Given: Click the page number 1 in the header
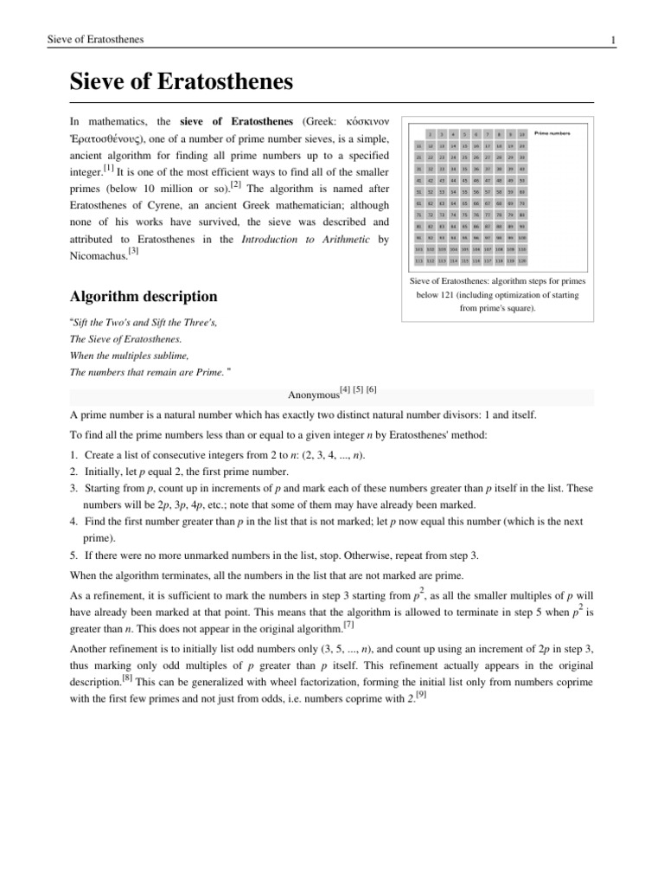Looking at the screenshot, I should (x=612, y=40).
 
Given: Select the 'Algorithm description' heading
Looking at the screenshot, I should (x=143, y=296).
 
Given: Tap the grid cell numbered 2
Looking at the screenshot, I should (x=431, y=134).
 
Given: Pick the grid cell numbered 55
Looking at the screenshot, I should (x=464, y=190).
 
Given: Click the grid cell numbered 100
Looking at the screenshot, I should (x=522, y=236).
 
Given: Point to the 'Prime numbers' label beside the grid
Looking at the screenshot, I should (x=552, y=134).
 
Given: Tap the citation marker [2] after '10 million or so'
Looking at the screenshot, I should (x=235, y=183).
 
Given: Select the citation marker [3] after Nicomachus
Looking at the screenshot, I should (x=133, y=251).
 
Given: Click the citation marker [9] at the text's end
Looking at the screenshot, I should (x=420, y=695).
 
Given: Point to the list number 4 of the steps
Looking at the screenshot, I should (x=73, y=522).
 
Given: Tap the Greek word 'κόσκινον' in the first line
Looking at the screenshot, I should (x=364, y=120).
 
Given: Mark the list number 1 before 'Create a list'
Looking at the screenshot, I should (x=73, y=455).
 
